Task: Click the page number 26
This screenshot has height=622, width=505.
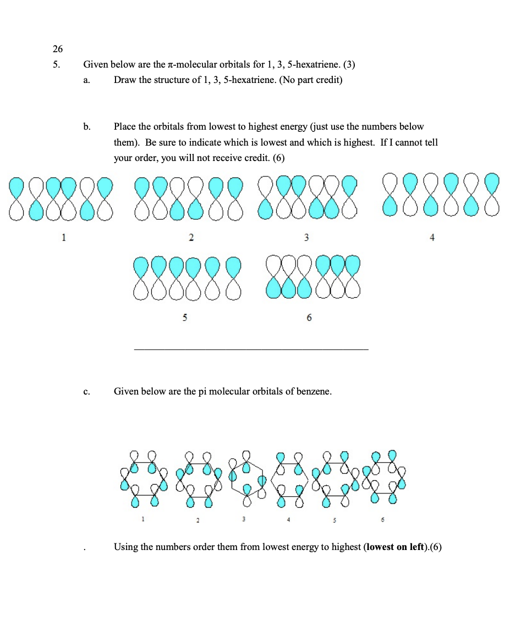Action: coord(58,48)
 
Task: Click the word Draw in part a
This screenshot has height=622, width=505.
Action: coord(125,80)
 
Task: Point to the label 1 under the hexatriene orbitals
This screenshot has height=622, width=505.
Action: coord(64,237)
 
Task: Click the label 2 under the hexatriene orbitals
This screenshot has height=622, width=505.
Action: coord(190,237)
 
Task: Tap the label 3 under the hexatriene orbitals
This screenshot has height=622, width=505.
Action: coord(307,237)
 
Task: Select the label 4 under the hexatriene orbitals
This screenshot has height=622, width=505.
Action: coord(432,237)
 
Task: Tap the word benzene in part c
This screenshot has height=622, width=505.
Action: coord(311,392)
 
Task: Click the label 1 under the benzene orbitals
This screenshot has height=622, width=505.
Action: coord(142,518)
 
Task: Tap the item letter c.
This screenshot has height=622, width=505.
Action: coord(87,392)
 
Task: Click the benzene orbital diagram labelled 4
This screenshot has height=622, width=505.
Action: coord(290,479)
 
